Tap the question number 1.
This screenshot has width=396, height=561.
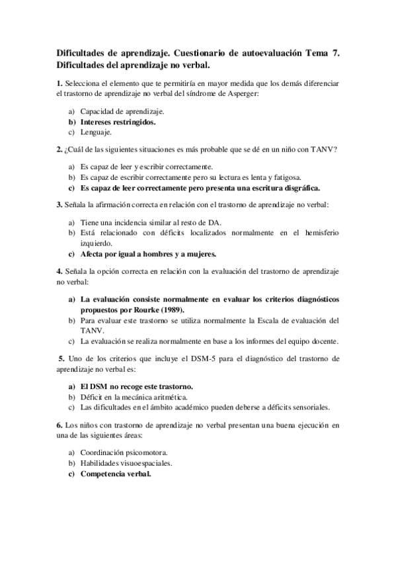(x=59, y=83)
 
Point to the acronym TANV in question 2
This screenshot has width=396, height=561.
(x=325, y=149)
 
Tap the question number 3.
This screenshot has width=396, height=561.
(x=59, y=204)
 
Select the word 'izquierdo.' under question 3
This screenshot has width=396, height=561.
(x=98, y=243)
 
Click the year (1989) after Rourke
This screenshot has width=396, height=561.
(x=171, y=309)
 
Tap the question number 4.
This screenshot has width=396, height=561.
(x=59, y=271)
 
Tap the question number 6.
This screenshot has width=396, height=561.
(x=59, y=424)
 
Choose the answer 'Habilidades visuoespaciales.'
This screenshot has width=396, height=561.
(x=126, y=462)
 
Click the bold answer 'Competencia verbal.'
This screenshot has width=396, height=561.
(x=116, y=474)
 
